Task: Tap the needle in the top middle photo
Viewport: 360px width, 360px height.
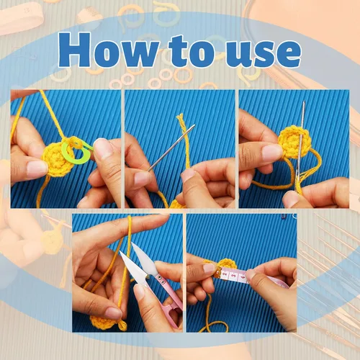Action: [171, 148]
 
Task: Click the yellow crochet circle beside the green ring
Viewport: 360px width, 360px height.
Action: [57, 160]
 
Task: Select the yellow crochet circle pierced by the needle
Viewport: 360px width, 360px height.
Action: [295, 141]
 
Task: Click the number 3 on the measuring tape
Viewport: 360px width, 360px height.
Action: [235, 276]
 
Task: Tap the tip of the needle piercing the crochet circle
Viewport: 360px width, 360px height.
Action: [304, 102]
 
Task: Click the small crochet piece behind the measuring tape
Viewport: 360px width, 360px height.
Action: [226, 264]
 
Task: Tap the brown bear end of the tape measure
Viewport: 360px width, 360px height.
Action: [217, 274]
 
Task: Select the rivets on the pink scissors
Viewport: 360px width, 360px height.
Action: [161, 279]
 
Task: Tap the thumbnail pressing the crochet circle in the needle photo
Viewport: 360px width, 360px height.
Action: [271, 153]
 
